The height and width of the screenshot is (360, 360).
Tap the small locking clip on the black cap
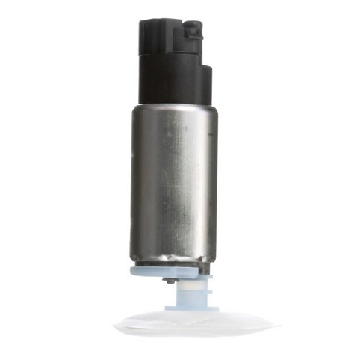tap(193, 31)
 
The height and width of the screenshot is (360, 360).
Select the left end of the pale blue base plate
tap(133, 269)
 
